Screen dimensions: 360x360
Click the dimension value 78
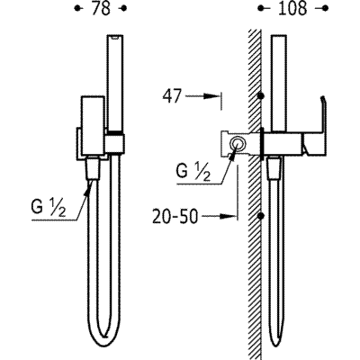(x=101, y=9)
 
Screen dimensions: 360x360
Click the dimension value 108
(x=292, y=9)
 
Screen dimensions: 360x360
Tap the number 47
(x=172, y=96)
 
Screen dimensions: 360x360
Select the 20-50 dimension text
(x=175, y=217)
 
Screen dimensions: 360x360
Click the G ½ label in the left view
(x=49, y=208)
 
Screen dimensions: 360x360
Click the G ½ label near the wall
(x=193, y=172)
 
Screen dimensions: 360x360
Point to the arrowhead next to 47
(x=211, y=96)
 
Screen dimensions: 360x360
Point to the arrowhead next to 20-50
(x=227, y=216)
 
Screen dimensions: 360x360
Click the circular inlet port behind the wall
(x=238, y=143)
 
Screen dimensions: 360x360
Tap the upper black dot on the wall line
(x=262, y=96)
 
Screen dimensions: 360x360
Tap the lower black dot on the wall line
(x=262, y=216)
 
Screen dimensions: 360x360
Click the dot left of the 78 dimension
(x=77, y=9)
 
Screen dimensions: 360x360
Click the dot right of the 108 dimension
(x=324, y=9)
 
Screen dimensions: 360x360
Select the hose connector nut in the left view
(x=93, y=168)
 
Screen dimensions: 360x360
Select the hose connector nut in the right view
(x=274, y=169)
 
